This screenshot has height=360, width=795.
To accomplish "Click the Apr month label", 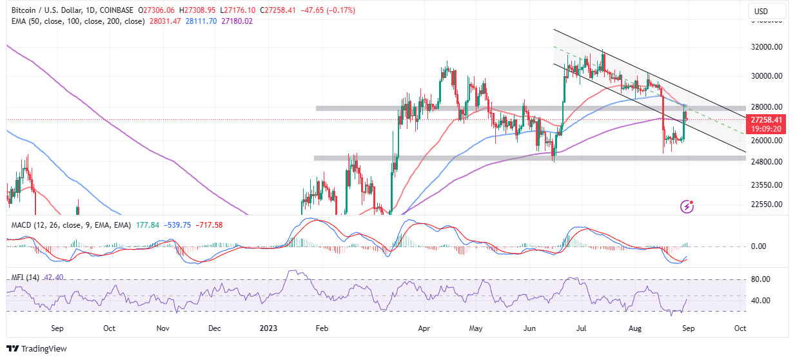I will point(424,328).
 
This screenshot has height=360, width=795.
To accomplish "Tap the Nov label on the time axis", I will point(162,328).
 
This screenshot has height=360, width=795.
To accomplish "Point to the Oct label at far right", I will point(740,328).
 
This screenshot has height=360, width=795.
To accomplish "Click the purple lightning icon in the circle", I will point(687,206).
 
